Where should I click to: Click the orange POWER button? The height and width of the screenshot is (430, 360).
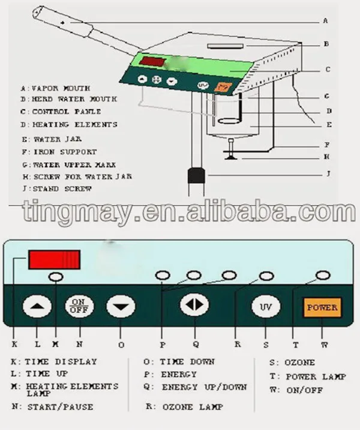point(322,307)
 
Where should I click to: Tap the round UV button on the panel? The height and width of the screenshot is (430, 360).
point(265,306)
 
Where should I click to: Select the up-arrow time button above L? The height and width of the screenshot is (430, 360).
point(37,307)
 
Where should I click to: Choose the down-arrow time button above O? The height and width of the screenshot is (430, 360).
point(121,307)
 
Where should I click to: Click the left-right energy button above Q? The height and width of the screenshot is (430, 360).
point(194,304)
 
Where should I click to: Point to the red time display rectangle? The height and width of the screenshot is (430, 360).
point(54,260)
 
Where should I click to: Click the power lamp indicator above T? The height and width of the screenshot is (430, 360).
point(323,275)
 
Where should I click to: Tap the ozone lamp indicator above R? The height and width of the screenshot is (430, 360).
point(265,276)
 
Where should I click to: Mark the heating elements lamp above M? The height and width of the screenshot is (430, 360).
point(56,277)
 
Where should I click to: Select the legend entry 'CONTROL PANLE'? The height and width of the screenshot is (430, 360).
point(67,112)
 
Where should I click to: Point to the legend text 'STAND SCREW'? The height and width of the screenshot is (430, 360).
point(62,189)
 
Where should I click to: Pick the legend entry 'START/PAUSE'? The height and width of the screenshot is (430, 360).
point(60,407)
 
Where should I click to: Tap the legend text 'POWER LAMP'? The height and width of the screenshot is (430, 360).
point(316,377)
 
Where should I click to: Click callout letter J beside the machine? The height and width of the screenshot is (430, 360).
point(328,175)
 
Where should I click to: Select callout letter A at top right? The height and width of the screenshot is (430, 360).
point(325,20)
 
